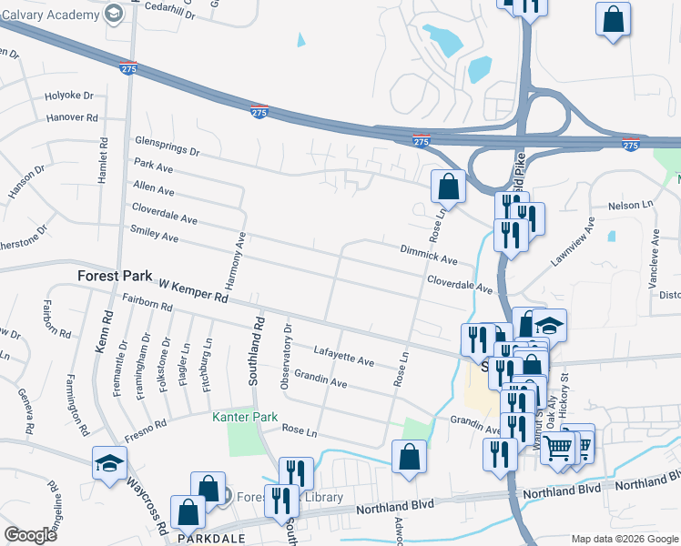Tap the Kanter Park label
244,418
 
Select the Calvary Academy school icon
114,14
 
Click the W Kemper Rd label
191,289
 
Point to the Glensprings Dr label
165,144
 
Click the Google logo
30,535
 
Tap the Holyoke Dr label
69,96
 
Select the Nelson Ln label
625,206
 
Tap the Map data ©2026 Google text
624,539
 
